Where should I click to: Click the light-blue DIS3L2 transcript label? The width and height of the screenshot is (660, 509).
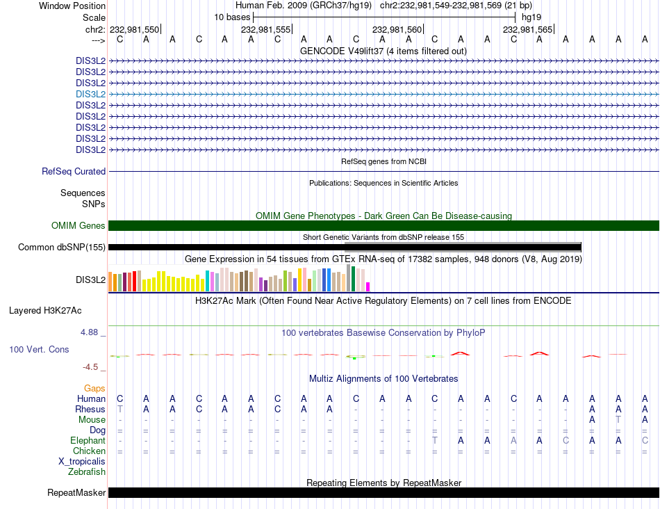(90, 94)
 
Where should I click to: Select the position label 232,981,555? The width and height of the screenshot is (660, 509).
(265, 29)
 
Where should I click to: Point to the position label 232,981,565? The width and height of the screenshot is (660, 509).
(527, 29)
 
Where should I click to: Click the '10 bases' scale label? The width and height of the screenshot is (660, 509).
(232, 17)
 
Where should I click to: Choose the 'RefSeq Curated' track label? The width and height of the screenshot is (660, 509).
(74, 171)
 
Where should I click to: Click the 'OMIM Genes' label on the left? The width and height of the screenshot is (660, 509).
(79, 225)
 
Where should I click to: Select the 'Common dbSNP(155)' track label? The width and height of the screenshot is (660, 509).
(62, 247)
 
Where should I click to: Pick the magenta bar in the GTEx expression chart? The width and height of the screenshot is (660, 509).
(368, 286)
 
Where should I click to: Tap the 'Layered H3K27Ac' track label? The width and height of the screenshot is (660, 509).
(45, 310)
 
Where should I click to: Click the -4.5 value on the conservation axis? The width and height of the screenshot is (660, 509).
(90, 366)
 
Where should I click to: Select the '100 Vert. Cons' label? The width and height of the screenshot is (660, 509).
(39, 349)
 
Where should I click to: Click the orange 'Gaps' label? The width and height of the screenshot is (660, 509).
(94, 388)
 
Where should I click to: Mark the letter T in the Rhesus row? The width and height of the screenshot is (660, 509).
(119, 409)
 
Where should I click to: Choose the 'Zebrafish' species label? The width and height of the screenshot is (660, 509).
(87, 471)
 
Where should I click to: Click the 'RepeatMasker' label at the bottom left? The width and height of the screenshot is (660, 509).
(76, 493)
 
